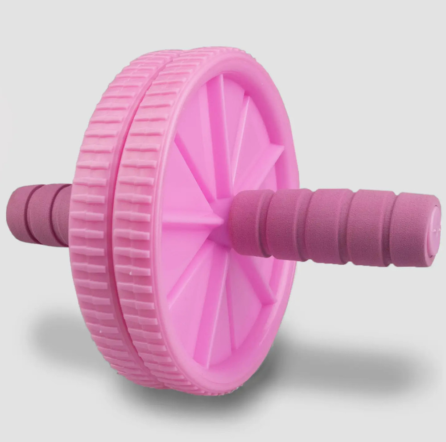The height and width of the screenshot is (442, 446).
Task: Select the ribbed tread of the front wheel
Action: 134,223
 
